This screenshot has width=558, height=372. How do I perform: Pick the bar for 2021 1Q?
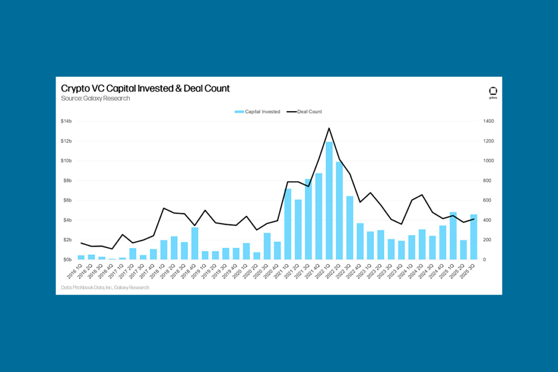288,224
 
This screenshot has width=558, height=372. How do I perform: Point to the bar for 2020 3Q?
267,246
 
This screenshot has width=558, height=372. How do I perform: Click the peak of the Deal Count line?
329,129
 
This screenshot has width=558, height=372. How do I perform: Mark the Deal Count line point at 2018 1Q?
163,208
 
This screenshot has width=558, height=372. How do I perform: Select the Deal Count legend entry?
305,112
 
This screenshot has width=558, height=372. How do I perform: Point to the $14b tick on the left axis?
66,121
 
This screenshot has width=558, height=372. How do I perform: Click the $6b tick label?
66,200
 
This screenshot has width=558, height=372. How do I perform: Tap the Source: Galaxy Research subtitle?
95,99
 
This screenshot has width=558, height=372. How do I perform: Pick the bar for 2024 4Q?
442,242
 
